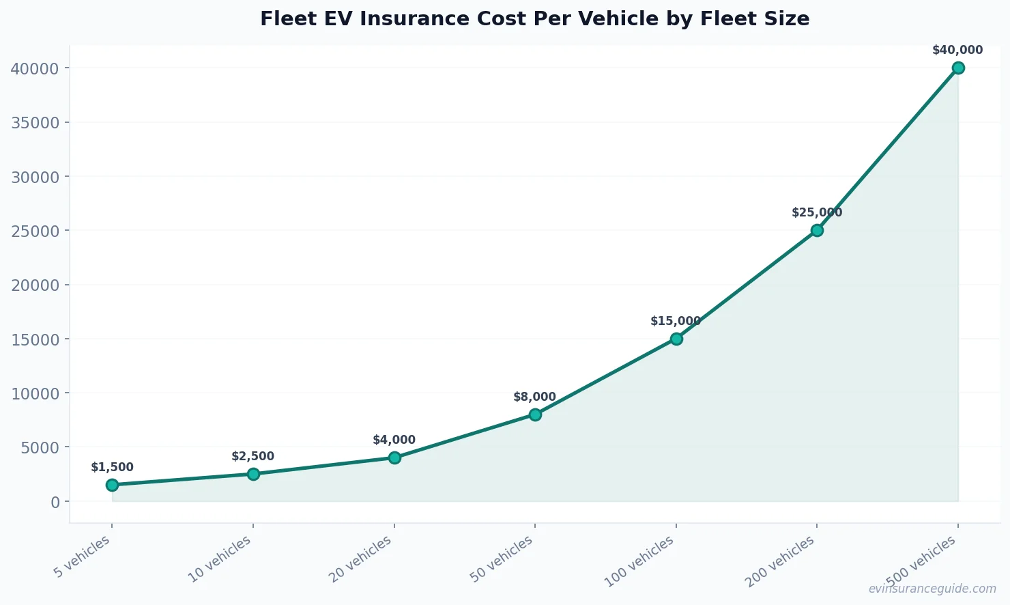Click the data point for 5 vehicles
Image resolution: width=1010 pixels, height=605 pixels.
(x=112, y=485)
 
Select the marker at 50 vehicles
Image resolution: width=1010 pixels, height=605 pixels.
(x=535, y=414)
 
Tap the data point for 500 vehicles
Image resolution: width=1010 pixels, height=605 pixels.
(x=958, y=68)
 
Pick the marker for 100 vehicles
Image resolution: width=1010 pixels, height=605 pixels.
(x=676, y=339)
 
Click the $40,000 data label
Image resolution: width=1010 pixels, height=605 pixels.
(x=957, y=50)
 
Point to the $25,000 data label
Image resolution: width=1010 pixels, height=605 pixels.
(x=817, y=212)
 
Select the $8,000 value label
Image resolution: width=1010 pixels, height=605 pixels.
(x=534, y=397)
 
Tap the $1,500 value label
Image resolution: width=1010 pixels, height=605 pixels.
(x=112, y=467)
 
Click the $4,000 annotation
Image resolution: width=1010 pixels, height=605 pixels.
(x=394, y=440)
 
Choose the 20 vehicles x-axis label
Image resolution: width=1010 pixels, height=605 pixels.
(x=361, y=559)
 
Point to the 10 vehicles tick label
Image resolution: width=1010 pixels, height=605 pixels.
(x=220, y=559)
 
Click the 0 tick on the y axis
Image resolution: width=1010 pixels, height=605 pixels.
(x=55, y=502)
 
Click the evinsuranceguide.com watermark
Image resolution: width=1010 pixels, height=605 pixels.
(x=932, y=589)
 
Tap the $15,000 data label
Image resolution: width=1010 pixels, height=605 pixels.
(x=676, y=321)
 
